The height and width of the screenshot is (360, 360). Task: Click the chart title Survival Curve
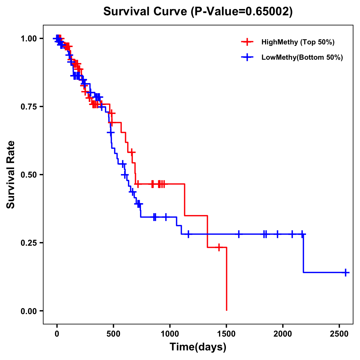tap(198, 11)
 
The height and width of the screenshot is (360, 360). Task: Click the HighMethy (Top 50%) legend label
tap(298, 42)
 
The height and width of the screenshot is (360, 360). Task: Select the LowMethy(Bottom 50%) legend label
tap(302, 58)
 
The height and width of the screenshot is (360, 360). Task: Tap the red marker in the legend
tap(247, 42)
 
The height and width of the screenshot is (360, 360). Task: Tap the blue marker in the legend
tap(247, 58)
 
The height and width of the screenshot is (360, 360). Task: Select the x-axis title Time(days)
tap(198, 347)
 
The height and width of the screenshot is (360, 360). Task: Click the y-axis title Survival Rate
tap(11, 175)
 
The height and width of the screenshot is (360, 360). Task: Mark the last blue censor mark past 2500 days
tap(346, 272)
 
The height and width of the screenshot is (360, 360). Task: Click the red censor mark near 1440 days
tap(219, 247)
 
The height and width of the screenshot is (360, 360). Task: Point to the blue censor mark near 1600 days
tap(239, 234)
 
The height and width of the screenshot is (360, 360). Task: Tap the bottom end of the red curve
tap(226, 310)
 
